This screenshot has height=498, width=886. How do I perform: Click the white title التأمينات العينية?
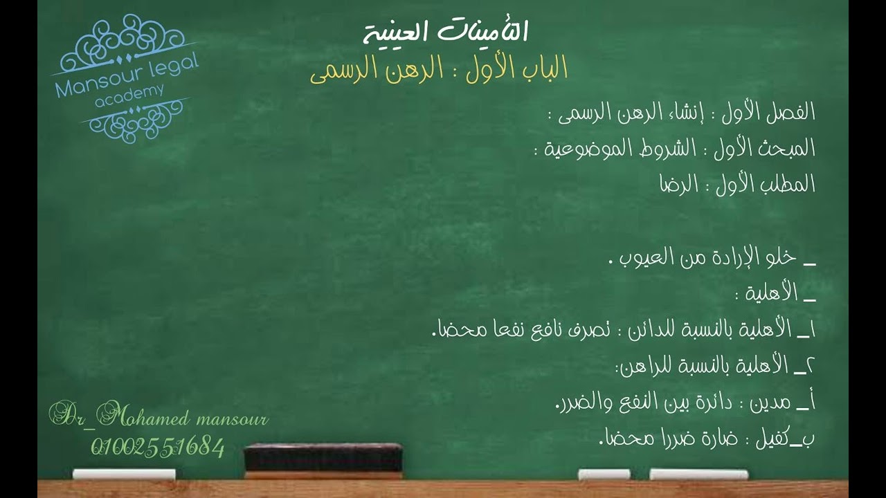446,32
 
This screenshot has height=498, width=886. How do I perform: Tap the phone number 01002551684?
158,448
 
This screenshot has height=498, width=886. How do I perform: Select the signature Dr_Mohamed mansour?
158,418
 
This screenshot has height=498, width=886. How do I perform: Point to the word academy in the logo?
129,95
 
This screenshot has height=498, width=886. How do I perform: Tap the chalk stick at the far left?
124,474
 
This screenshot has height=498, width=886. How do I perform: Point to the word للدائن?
651,331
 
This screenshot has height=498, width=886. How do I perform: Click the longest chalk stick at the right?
698,474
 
